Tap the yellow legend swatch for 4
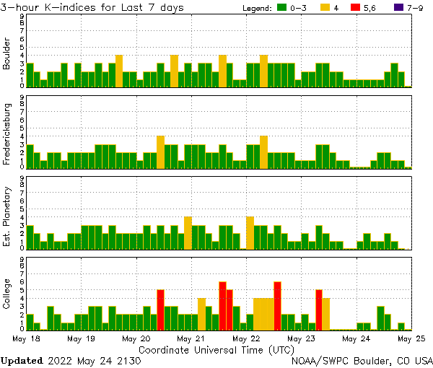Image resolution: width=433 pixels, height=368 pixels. click(x=325, y=7)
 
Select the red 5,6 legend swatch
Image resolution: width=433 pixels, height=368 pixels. click(x=355, y=7)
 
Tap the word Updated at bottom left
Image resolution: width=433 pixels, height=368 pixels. click(x=22, y=360)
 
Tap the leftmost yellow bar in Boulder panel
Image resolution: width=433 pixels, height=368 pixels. click(x=119, y=71)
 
